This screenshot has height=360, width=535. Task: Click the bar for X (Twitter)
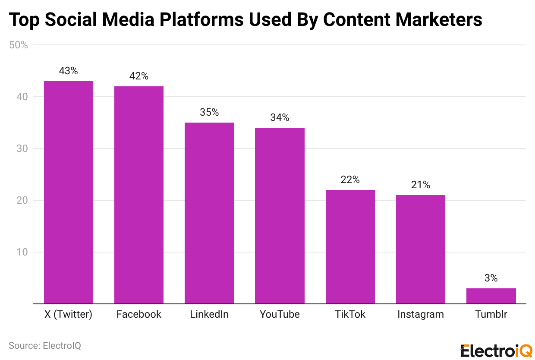(x=69, y=192)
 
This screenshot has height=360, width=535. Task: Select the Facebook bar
(x=139, y=195)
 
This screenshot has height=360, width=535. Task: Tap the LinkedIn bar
(x=209, y=213)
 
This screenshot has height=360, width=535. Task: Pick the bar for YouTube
(x=280, y=215)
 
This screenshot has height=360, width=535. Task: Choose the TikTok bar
(x=350, y=246)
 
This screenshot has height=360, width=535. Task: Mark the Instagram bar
(x=421, y=249)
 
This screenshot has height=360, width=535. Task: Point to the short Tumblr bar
(x=491, y=296)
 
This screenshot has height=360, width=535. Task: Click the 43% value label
(x=69, y=71)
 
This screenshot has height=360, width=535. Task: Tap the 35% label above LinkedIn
(x=209, y=113)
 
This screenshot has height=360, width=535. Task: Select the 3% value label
(x=491, y=278)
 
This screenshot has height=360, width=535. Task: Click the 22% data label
(x=350, y=180)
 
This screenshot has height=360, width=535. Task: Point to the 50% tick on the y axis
(x=19, y=45)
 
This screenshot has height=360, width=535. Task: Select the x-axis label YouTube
(x=280, y=314)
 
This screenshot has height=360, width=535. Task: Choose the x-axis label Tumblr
(x=491, y=314)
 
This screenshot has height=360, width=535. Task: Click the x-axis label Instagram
(x=421, y=314)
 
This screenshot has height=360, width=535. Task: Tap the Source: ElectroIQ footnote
(x=45, y=345)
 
